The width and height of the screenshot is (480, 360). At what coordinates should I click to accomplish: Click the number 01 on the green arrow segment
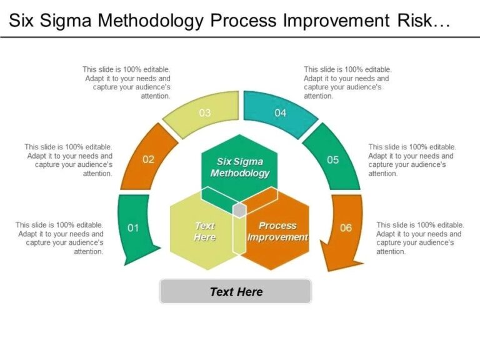(x=133, y=228)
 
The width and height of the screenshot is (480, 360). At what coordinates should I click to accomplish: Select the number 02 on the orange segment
(x=148, y=159)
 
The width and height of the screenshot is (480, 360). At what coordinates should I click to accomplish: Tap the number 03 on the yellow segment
(x=205, y=113)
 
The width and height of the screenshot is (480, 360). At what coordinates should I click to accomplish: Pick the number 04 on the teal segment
(x=280, y=113)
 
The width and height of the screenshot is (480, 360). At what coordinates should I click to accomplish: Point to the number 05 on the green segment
(x=333, y=160)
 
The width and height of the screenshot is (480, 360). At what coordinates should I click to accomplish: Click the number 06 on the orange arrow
(x=346, y=228)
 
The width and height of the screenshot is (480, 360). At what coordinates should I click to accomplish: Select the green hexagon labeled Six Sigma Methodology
(x=240, y=167)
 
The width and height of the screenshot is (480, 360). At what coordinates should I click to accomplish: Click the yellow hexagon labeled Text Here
(x=204, y=231)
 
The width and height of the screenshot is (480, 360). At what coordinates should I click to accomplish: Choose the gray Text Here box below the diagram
(x=236, y=291)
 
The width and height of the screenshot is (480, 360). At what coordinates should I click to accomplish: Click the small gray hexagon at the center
(x=239, y=210)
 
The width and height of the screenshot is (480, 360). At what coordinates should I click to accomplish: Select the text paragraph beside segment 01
(x=59, y=238)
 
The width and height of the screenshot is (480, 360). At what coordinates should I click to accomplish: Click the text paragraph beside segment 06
(x=419, y=238)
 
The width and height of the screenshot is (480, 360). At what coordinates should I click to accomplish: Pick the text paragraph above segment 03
(x=126, y=83)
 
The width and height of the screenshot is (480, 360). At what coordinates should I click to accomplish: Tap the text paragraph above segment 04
(x=346, y=83)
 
